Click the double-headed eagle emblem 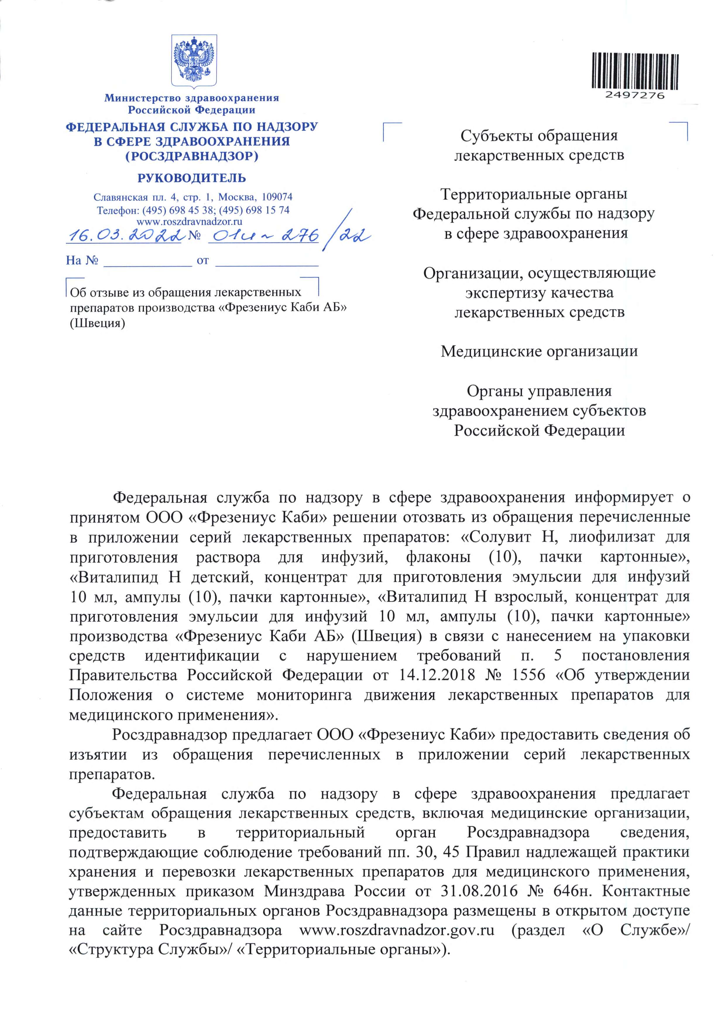[x=195, y=61]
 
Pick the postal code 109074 [x=277, y=197]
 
